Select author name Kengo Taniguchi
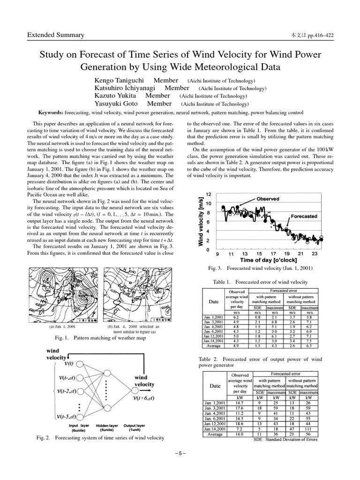tap(119, 81)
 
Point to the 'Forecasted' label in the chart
tap(304, 217)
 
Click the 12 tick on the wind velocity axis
tap(209, 195)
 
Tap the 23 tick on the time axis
tap(315, 254)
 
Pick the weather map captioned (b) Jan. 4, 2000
tap(135, 294)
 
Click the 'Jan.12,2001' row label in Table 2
tap(215, 424)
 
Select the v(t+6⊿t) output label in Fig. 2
tap(144, 398)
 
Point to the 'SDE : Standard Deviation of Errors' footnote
tap(285, 440)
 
